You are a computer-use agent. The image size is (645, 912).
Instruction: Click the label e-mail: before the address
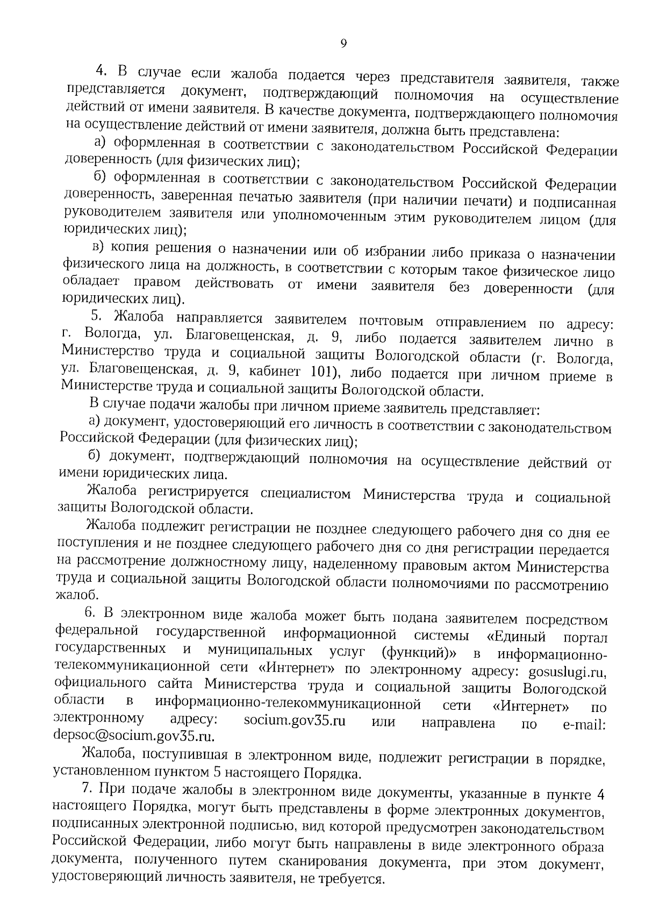[584, 725]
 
